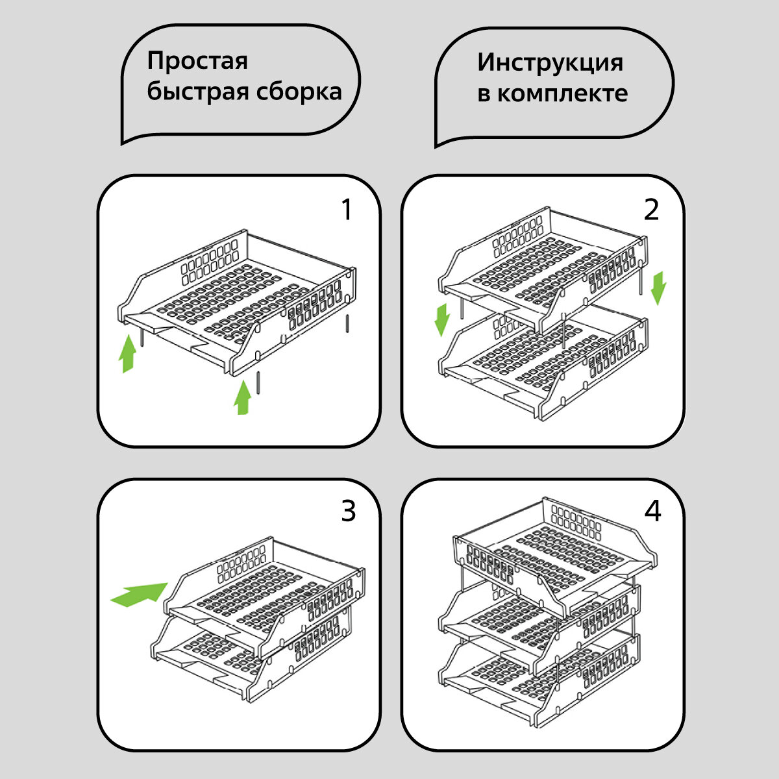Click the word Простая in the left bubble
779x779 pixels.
(197, 62)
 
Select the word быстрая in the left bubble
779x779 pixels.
(192, 92)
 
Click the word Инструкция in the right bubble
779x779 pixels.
(550, 63)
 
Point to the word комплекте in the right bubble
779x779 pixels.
(562, 93)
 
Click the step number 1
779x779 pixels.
(347, 210)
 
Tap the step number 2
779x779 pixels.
(651, 210)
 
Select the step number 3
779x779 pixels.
(348, 512)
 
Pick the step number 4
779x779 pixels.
(652, 512)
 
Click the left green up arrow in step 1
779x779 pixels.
(128, 356)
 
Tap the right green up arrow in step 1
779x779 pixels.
(243, 397)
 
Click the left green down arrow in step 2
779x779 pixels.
(442, 319)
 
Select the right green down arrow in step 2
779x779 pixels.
(658, 288)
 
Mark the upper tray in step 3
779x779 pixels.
(266, 597)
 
